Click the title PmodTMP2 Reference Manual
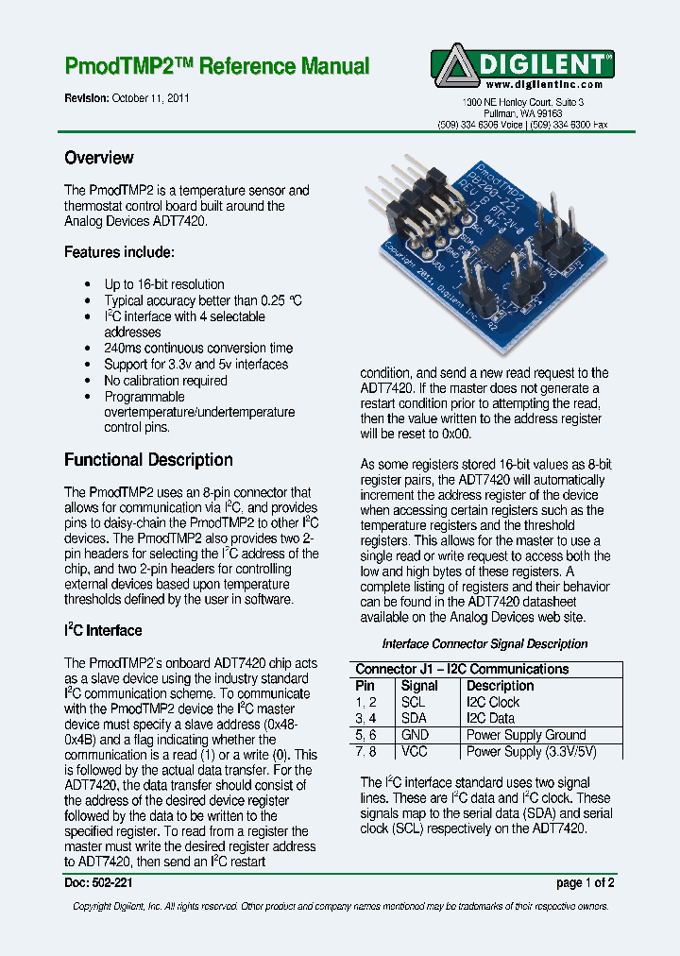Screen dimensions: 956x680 pyautogui.click(x=216, y=67)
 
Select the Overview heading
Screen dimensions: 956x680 pyautogui.click(x=98, y=158)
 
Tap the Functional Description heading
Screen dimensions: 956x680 pyautogui.click(x=148, y=460)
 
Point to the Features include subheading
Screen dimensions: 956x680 pyautogui.click(x=118, y=252)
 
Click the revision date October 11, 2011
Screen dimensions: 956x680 pyautogui.click(x=150, y=98)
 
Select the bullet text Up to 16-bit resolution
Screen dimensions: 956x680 pyautogui.click(x=163, y=284)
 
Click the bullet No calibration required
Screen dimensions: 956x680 pyautogui.click(x=165, y=381)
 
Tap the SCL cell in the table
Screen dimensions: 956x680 pyautogui.click(x=414, y=702)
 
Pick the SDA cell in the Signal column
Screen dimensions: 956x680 pyautogui.click(x=414, y=718)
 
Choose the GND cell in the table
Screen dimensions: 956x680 pyautogui.click(x=415, y=735)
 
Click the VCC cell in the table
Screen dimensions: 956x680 pyautogui.click(x=415, y=752)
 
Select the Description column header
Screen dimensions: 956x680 pyautogui.click(x=500, y=686)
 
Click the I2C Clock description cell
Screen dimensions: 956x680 pyautogui.click(x=493, y=702)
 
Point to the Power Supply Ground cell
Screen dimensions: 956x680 pyautogui.click(x=526, y=735)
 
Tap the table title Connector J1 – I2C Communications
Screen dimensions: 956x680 pyautogui.click(x=462, y=669)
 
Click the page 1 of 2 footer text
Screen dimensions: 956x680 pyautogui.click(x=586, y=883)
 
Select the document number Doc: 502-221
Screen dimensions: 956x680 pyautogui.click(x=98, y=883)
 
